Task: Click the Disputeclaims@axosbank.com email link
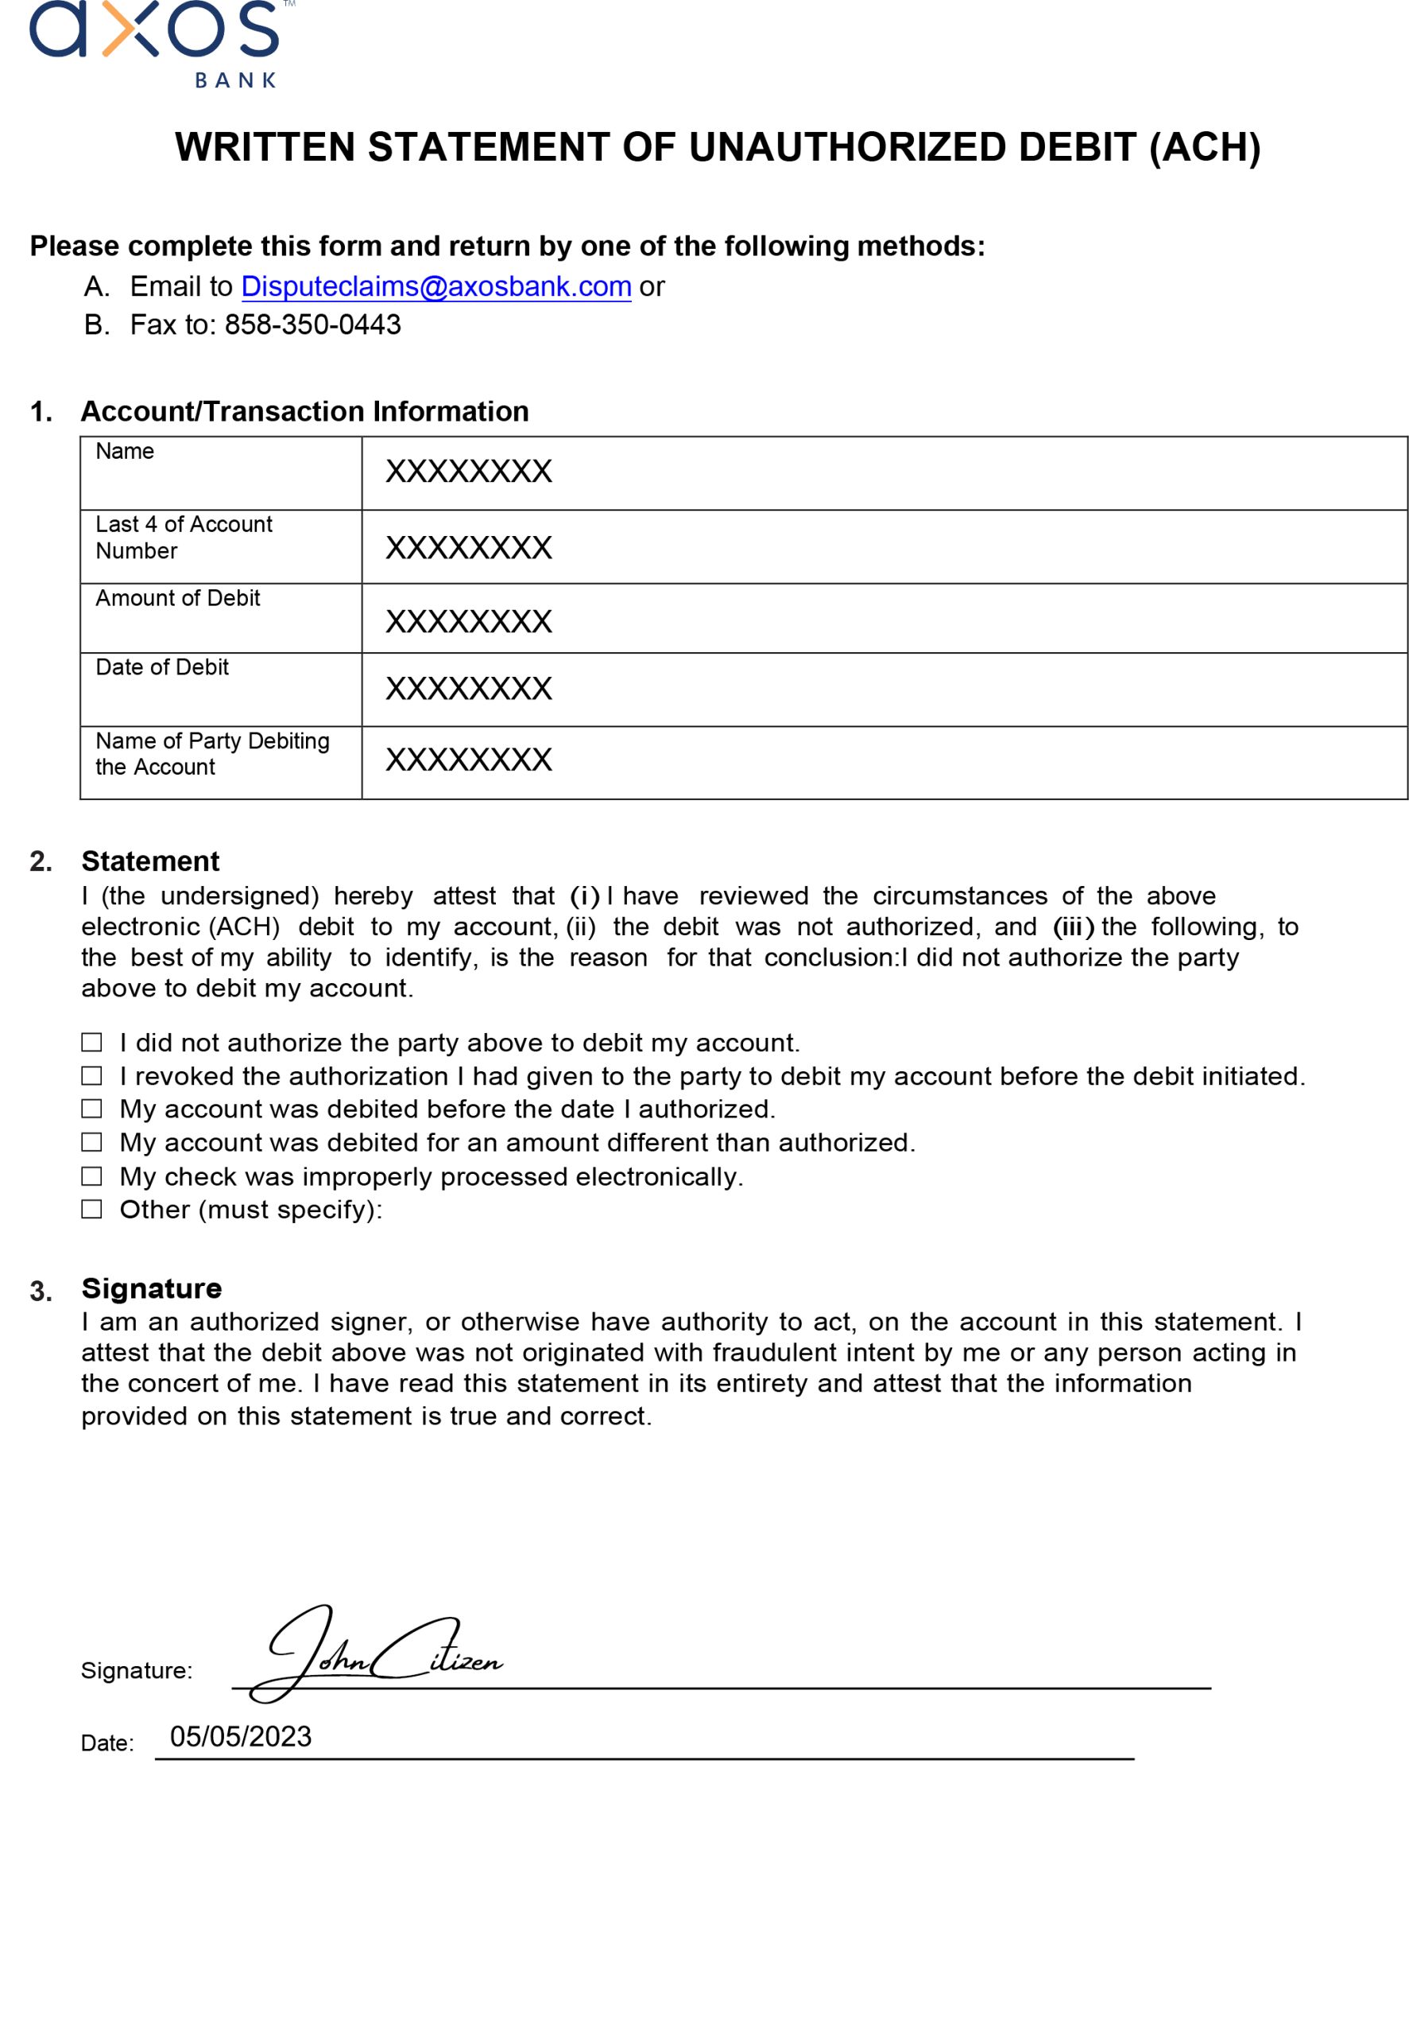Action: point(436,286)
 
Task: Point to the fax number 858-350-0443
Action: point(312,325)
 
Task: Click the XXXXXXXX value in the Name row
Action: point(469,472)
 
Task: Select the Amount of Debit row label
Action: point(177,598)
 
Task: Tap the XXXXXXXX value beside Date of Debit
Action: point(469,689)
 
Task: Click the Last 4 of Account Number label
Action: point(184,537)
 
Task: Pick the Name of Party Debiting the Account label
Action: point(212,753)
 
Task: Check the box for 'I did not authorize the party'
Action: point(92,1043)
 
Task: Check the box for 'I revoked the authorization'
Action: point(92,1076)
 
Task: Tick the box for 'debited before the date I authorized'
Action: point(92,1109)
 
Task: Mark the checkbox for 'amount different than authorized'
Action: point(92,1142)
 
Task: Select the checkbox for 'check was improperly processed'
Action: point(92,1176)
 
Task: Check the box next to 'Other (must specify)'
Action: point(92,1209)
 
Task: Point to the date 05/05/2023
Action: point(241,1736)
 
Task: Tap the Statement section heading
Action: point(150,861)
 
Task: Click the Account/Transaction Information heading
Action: point(304,412)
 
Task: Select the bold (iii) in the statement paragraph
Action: point(1073,927)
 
